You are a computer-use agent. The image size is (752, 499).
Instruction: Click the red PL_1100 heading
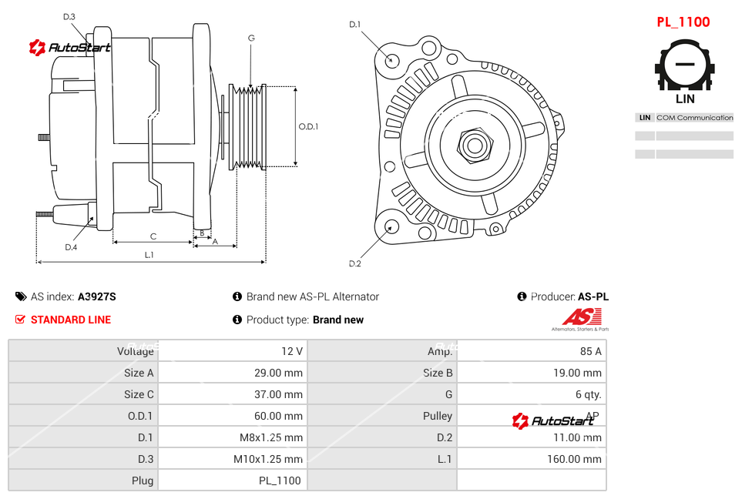pyautogui.click(x=683, y=22)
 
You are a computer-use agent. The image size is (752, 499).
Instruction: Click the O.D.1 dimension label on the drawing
pyautogui.click(x=308, y=127)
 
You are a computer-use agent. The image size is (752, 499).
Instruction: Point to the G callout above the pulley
pyautogui.click(x=251, y=39)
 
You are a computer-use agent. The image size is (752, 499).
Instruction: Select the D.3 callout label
pyautogui.click(x=69, y=16)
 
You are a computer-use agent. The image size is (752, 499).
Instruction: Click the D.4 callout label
pyautogui.click(x=71, y=247)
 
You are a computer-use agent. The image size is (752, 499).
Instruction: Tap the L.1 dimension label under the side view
pyautogui.click(x=149, y=255)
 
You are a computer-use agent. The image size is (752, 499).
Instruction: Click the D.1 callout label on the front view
pyautogui.click(x=354, y=25)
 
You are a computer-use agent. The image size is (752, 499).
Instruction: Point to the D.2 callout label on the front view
pyautogui.click(x=354, y=263)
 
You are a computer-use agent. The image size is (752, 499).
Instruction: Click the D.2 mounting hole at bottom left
pyautogui.click(x=391, y=226)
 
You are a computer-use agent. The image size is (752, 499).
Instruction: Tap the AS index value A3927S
pyautogui.click(x=96, y=296)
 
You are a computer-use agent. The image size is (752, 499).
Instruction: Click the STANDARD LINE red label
pyautogui.click(x=71, y=320)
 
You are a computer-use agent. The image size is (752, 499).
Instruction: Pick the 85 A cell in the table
pyautogui.click(x=590, y=351)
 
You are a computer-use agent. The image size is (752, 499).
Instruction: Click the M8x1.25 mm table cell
pyautogui.click(x=268, y=437)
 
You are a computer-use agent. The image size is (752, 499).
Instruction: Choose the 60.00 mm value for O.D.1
pyautogui.click(x=279, y=416)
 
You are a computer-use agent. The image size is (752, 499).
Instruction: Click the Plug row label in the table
pyautogui.click(x=143, y=481)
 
